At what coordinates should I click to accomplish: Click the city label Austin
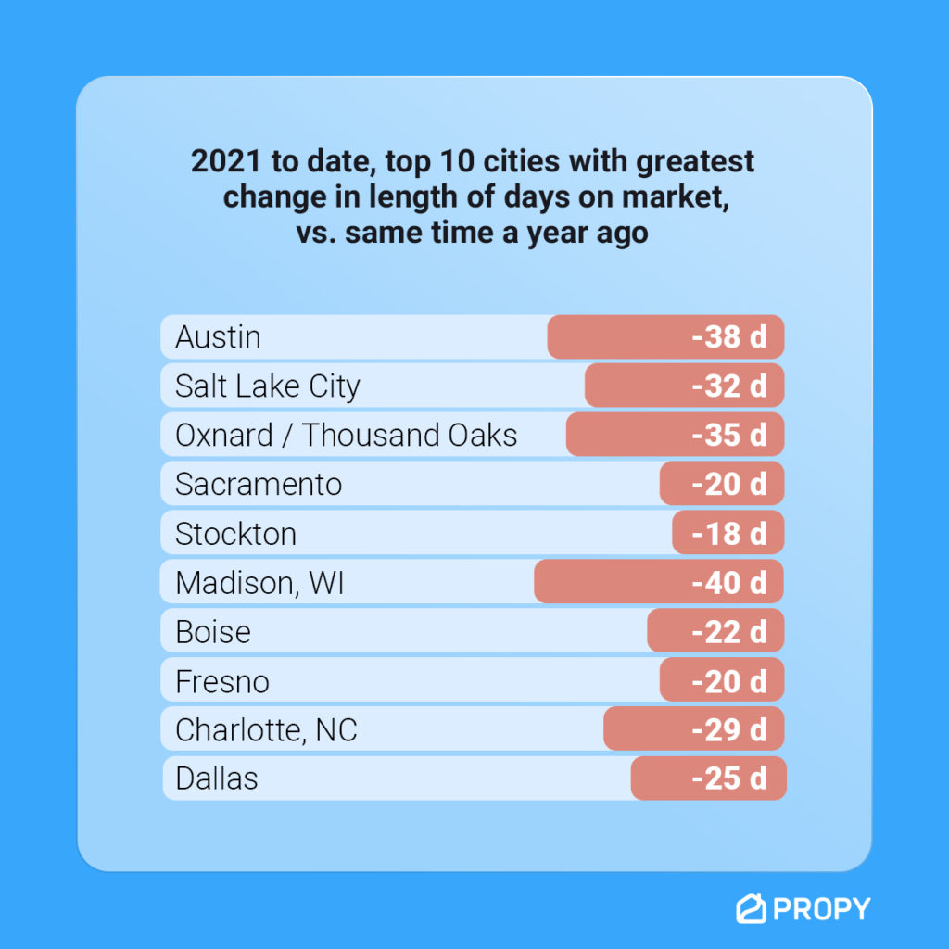click(218, 336)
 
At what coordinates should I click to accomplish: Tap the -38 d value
click(729, 336)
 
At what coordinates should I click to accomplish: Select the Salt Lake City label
click(267, 386)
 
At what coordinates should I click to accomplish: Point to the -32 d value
click(729, 386)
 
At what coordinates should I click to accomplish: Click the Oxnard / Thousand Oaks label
click(346, 435)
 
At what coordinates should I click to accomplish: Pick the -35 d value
click(729, 435)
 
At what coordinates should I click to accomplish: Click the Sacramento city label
click(259, 484)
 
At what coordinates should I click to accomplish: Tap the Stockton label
click(235, 534)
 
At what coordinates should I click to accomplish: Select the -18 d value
click(729, 534)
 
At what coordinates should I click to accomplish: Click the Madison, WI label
click(259, 583)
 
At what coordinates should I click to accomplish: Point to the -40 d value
click(729, 583)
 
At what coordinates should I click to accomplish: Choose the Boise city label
click(213, 632)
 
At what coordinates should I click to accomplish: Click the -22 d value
click(729, 632)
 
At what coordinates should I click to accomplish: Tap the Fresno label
click(222, 682)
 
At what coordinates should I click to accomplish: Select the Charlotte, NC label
click(266, 730)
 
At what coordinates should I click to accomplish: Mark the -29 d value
click(729, 730)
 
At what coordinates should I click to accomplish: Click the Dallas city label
click(216, 778)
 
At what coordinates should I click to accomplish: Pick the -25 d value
click(729, 778)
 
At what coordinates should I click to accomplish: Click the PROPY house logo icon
click(750, 909)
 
